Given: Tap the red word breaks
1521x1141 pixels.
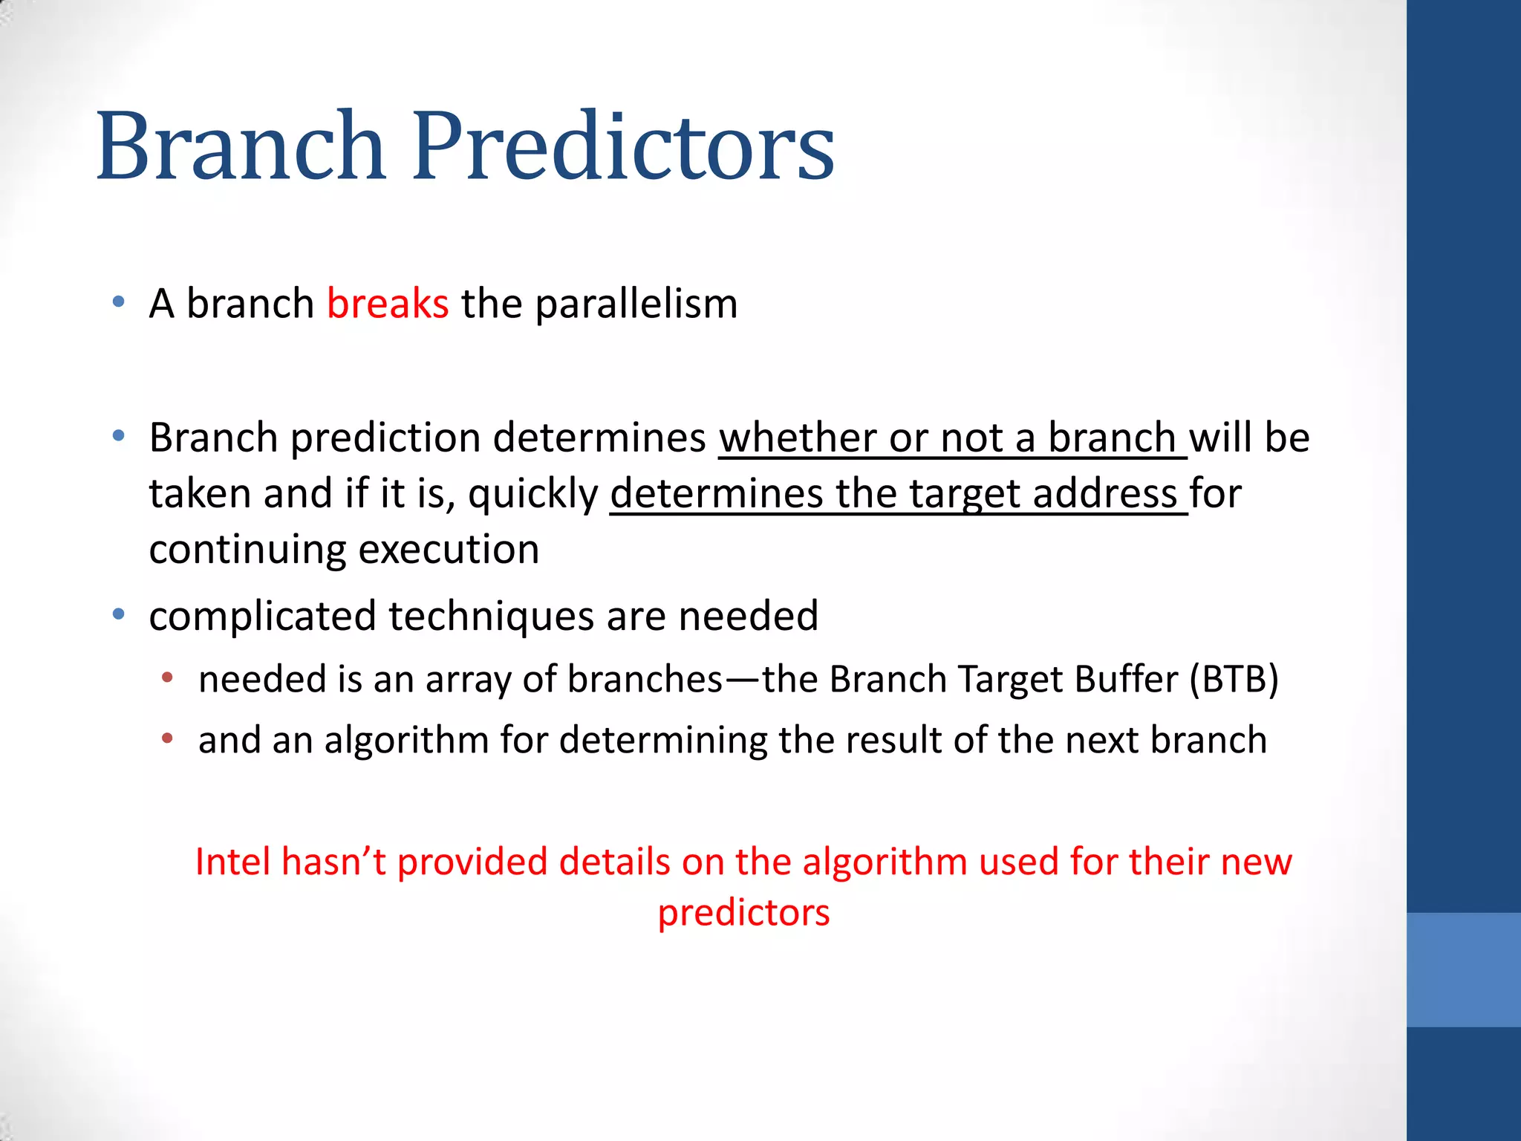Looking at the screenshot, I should pos(388,304).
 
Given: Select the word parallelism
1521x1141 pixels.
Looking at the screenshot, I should pos(636,304).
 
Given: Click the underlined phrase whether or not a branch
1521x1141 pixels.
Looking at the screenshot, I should pos(952,438).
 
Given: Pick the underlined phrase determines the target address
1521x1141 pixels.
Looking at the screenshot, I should pos(899,493).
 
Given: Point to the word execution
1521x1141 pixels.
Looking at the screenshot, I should pos(449,550).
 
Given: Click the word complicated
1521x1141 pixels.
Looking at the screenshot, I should pos(262,617).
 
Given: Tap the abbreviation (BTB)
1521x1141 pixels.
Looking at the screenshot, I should pos(1234,679).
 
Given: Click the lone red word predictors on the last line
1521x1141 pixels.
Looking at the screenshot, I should pos(743,913).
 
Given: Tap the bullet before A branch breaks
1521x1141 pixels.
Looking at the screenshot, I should pos(118,302).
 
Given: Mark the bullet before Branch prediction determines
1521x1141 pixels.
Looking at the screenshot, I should pos(118,436).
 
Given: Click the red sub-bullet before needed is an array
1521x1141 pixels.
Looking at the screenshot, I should pos(168,677).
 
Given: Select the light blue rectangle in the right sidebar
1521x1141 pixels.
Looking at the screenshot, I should pos(1463,969).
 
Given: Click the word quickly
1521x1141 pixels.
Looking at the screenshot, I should pos(532,493).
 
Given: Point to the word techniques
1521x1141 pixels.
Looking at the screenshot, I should pos(491,617).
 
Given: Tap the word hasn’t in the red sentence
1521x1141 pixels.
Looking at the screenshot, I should pos(333,862).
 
